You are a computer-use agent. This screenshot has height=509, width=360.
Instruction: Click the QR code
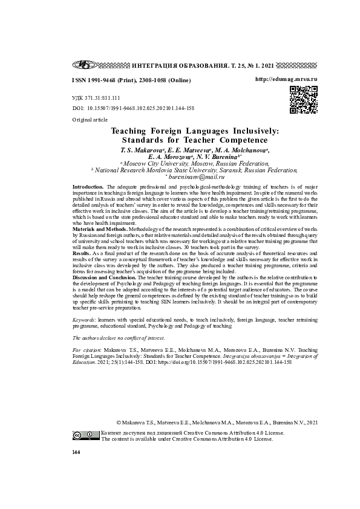click(303, 100)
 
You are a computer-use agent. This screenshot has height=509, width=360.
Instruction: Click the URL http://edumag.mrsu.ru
click(286, 79)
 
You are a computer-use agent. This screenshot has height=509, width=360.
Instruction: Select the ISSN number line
click(131, 80)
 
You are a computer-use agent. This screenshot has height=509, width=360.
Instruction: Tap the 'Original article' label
click(90, 120)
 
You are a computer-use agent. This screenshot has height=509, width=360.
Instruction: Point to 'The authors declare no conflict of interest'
click(118, 338)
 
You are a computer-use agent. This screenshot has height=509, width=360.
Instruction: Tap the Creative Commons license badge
click(86, 435)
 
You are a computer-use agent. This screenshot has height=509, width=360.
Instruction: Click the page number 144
click(76, 452)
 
